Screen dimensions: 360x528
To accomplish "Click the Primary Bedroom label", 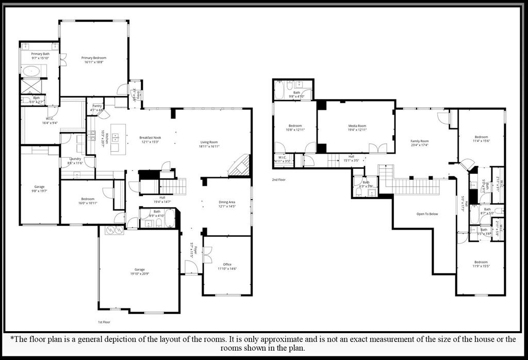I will pos(94,58).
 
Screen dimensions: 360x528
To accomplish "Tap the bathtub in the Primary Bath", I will pos(34,71).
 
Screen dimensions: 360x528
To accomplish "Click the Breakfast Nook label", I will pos(150,138).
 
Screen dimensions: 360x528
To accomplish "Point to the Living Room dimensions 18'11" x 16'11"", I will pos(209,146).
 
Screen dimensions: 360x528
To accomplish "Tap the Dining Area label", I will pos(227,202).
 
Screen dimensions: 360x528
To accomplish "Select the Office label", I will pos(227,264).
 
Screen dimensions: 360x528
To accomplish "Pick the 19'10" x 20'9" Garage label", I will pos(139,269).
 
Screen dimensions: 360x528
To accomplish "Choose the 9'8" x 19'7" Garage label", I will pos(39,187).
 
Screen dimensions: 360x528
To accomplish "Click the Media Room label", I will pos(357,126).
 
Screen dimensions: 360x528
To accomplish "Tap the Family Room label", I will pos(419,141).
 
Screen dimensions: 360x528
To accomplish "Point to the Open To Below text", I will pos(427,214).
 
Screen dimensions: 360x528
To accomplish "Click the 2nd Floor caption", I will pos(279,180).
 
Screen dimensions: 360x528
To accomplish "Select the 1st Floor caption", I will pos(104,322).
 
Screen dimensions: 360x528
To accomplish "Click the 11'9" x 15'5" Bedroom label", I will pos(481,262).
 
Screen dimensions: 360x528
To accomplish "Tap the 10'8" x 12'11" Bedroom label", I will pos(295,126).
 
